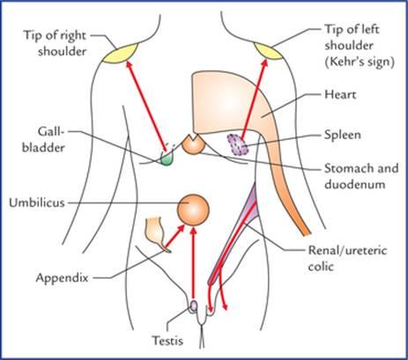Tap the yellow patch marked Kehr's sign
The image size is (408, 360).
click(269, 51)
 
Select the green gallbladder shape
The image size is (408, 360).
click(167, 158)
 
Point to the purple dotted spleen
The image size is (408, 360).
click(238, 145)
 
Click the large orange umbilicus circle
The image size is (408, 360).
click(193, 209)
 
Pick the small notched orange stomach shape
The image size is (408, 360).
click(192, 144)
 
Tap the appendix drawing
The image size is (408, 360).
click(157, 234)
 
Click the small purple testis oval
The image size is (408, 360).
click(194, 305)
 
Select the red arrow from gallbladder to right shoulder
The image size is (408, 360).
click(146, 106)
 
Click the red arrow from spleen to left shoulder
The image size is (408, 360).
click(255, 99)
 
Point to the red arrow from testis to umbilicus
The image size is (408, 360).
click(193, 263)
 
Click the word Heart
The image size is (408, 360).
click(340, 94)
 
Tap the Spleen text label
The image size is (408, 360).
click(343, 135)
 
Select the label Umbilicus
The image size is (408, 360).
click(37, 202)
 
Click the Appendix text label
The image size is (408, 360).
click(62, 278)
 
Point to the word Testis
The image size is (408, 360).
click(167, 341)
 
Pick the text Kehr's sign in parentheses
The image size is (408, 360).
click(360, 62)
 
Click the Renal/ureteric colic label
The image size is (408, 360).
click(347, 259)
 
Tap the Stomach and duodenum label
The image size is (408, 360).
click(361, 176)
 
